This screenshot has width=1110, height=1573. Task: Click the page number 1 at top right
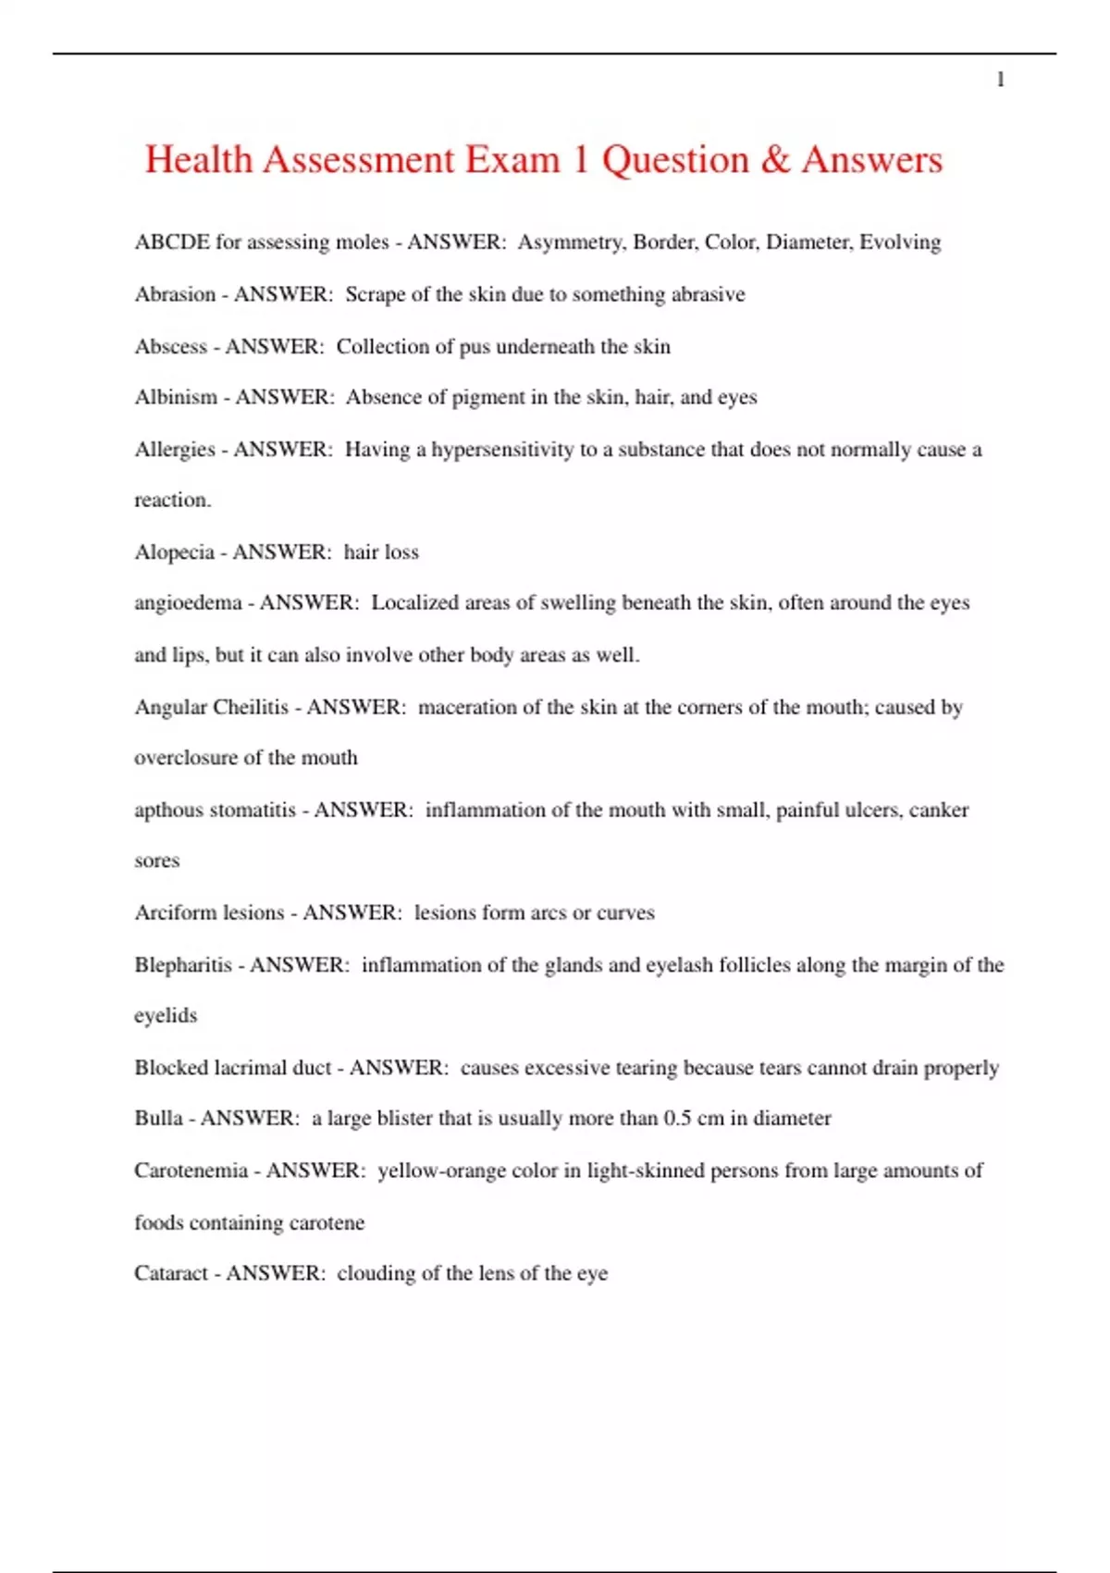pos(1000,81)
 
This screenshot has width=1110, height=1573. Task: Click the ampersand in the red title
pos(775,160)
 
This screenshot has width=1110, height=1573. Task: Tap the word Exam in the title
pos(512,160)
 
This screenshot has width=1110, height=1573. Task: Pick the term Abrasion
pos(175,294)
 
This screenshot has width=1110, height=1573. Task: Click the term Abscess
pos(170,347)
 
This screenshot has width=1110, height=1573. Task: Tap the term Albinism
pos(176,398)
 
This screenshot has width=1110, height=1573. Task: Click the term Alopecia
pos(174,552)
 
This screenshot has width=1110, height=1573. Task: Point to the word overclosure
pos(186,758)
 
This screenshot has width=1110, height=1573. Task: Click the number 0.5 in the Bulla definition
pos(677,1119)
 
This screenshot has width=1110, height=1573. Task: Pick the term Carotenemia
pos(191,1170)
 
